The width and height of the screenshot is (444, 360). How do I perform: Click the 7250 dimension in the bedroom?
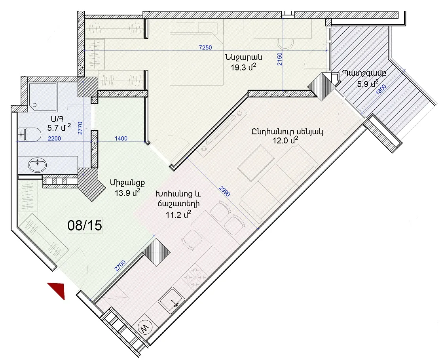[205, 48]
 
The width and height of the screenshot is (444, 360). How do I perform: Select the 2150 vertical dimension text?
[280, 59]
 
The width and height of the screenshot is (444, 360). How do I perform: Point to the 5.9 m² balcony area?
[368, 83]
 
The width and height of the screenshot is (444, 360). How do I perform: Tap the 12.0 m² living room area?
[286, 141]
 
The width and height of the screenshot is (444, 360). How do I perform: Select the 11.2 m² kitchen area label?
[179, 215]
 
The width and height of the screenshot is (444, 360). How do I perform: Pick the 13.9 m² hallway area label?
[128, 193]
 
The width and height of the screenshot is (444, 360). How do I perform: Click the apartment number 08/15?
[84, 225]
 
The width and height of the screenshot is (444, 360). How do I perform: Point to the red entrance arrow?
[58, 290]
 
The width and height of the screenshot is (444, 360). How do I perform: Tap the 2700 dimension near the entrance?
[120, 267]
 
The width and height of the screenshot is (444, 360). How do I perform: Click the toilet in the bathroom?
[29, 134]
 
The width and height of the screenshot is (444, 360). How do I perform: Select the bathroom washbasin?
[37, 164]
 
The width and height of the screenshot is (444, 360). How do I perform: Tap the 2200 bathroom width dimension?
[54, 138]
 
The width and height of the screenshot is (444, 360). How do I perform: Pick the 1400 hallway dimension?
[121, 138]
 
